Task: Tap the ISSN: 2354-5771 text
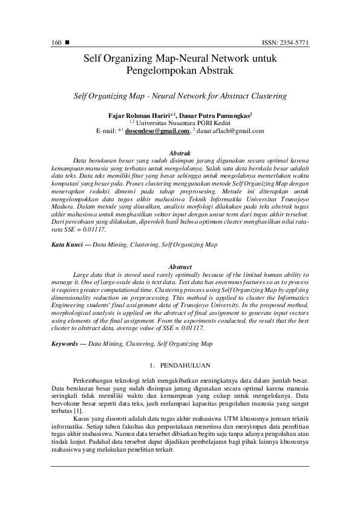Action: point(284,43)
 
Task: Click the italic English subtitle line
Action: point(179,96)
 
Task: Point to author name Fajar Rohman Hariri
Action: point(135,114)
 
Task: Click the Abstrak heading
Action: point(180,154)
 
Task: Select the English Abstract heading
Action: point(180,267)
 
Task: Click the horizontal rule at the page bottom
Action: point(180,465)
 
